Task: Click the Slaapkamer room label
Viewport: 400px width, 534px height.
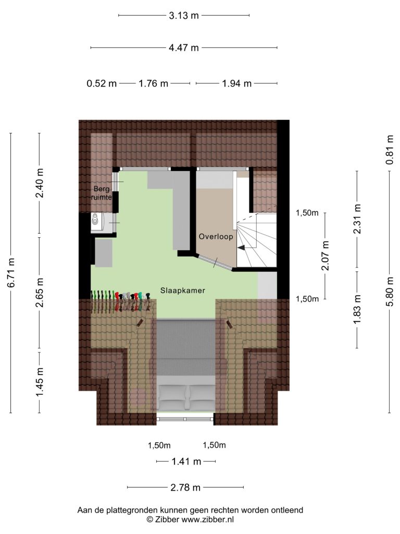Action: (x=183, y=290)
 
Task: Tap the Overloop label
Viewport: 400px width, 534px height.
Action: (x=216, y=236)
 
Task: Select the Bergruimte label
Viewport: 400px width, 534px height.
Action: (x=102, y=193)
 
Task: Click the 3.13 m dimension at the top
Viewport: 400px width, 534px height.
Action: (x=184, y=15)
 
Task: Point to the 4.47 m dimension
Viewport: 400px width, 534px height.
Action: (x=184, y=47)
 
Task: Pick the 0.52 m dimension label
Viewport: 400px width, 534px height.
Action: (x=102, y=83)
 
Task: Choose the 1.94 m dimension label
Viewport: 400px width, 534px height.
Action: (x=237, y=83)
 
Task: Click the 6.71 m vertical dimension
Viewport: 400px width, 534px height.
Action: (x=11, y=272)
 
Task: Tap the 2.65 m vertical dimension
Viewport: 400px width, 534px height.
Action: (x=40, y=292)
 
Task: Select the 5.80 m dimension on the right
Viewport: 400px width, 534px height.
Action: (x=390, y=292)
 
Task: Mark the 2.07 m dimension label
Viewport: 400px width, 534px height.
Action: (x=326, y=256)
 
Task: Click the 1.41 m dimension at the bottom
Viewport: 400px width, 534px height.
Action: (x=186, y=462)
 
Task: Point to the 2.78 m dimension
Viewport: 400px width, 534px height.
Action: (x=185, y=488)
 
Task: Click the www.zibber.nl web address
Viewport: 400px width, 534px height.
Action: (x=207, y=519)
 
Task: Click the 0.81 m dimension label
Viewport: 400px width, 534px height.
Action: (x=390, y=150)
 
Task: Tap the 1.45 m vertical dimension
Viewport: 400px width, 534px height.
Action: (x=40, y=382)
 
